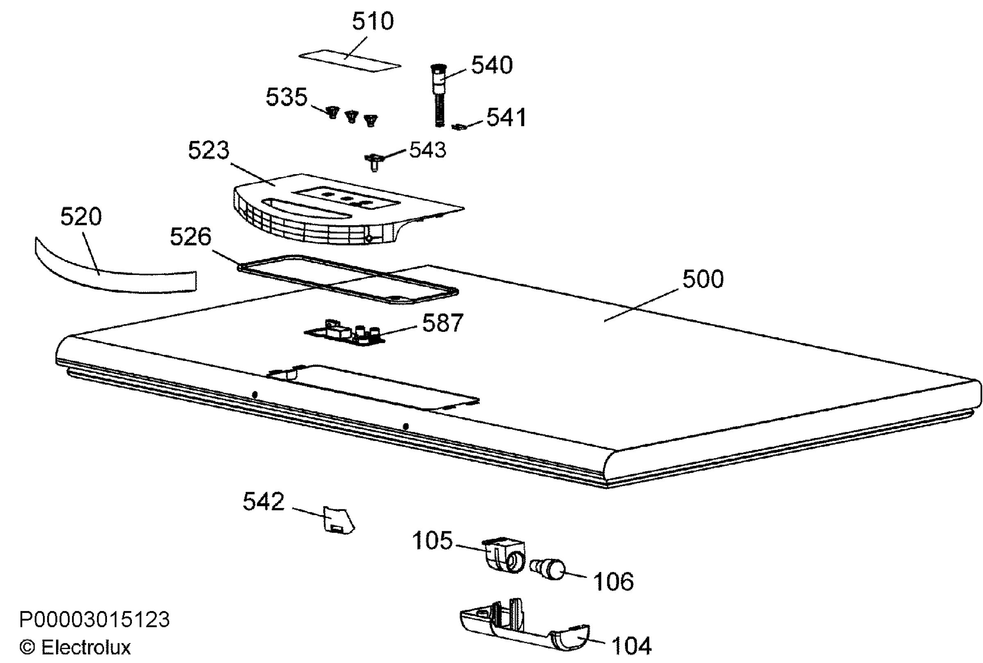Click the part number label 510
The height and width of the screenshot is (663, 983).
[x=373, y=21]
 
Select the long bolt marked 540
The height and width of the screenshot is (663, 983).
[x=439, y=95]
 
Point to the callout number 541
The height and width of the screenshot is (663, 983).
[x=506, y=117]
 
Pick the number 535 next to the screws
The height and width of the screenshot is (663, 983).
[x=286, y=97]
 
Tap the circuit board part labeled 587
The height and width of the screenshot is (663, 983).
[x=344, y=332]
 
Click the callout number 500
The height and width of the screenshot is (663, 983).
[x=703, y=279]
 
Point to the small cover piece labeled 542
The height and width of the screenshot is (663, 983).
[x=338, y=520]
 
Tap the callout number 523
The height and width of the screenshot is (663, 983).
[x=208, y=150]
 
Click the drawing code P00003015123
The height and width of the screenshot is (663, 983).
[x=94, y=620]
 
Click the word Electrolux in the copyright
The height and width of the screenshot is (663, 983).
[x=86, y=647]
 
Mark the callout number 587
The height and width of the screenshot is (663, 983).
[x=443, y=323]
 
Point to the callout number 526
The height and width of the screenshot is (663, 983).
[x=190, y=236]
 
